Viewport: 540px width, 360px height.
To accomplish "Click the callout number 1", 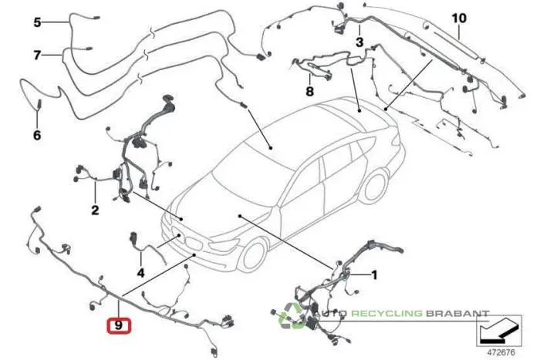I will [375, 274].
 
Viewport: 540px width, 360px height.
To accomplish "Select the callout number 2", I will [95, 210].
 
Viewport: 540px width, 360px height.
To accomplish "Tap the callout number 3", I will [359, 41].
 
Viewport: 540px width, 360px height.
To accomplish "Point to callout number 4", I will [140, 272].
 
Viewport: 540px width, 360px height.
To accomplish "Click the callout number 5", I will [37, 22].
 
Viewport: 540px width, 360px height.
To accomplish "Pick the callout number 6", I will [36, 136].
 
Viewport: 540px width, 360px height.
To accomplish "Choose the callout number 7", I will [36, 56].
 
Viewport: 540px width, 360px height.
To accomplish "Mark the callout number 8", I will [309, 92].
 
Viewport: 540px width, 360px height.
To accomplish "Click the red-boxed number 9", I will [118, 326].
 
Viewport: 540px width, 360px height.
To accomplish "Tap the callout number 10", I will [459, 17].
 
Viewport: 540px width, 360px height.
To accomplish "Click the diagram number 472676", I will [501, 352].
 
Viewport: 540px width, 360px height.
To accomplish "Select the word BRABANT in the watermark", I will [459, 314].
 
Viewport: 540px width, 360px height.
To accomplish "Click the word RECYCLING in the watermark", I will [393, 314].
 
